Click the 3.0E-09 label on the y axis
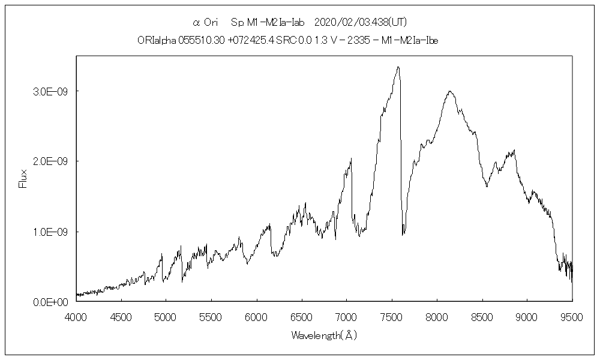[52, 91]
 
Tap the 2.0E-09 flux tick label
[52, 161]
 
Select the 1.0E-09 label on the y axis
[52, 232]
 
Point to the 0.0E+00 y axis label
[52, 302]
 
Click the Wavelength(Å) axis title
[324, 335]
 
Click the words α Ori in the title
[205, 22]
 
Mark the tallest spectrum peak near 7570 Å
[398, 67]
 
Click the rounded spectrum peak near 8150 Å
[449, 91]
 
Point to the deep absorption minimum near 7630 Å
[403, 234]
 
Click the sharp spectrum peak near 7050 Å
[351, 159]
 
